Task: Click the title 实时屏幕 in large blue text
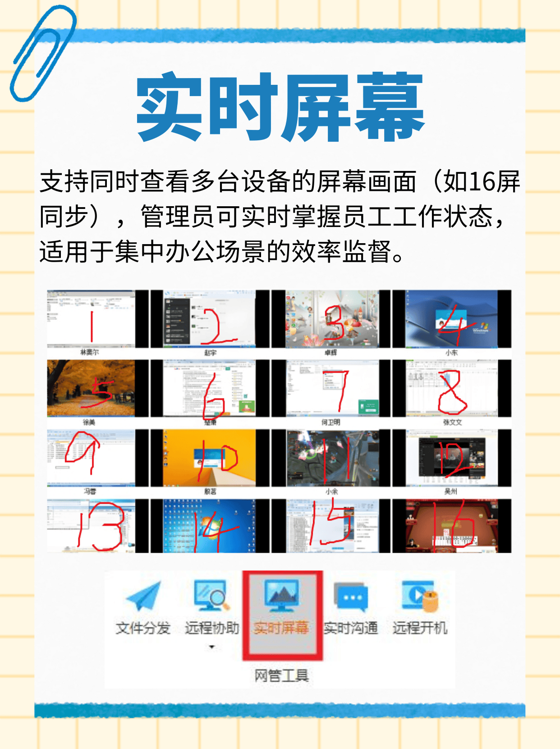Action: (280, 106)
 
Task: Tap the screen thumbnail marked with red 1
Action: (91, 319)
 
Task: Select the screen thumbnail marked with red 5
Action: (91, 388)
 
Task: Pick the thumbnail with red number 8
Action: (452, 388)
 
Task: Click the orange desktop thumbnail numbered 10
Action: (210, 458)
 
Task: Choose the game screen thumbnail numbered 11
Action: (333, 458)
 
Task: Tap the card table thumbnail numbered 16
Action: (452, 526)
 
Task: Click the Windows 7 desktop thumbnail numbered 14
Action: (210, 526)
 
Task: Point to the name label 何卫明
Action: (330, 422)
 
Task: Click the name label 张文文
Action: (452, 422)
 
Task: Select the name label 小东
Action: (451, 353)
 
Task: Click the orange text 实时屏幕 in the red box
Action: (281, 628)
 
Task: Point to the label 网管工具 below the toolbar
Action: (281, 675)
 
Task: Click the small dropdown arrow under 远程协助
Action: (211, 647)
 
